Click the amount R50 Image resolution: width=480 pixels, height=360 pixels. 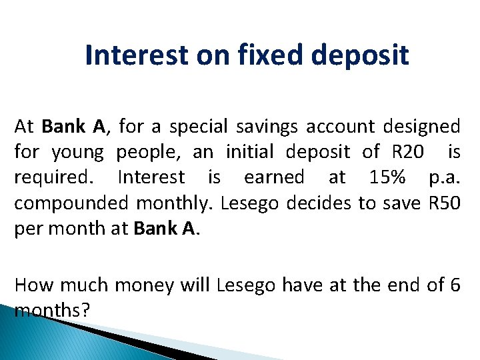pos(443,203)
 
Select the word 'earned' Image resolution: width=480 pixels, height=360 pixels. pos(273,177)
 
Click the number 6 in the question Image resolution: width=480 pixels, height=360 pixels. pos(455,285)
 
